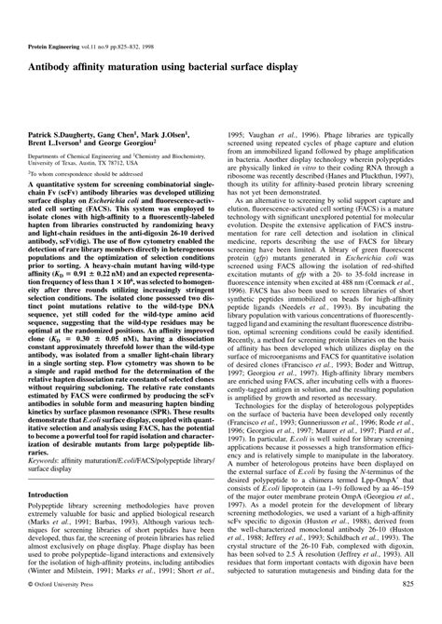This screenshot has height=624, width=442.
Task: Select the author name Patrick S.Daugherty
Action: coord(63,109)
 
